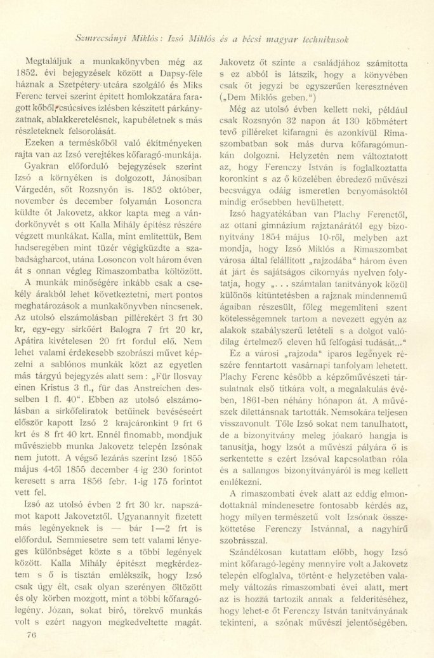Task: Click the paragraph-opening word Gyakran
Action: pos(46,148)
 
